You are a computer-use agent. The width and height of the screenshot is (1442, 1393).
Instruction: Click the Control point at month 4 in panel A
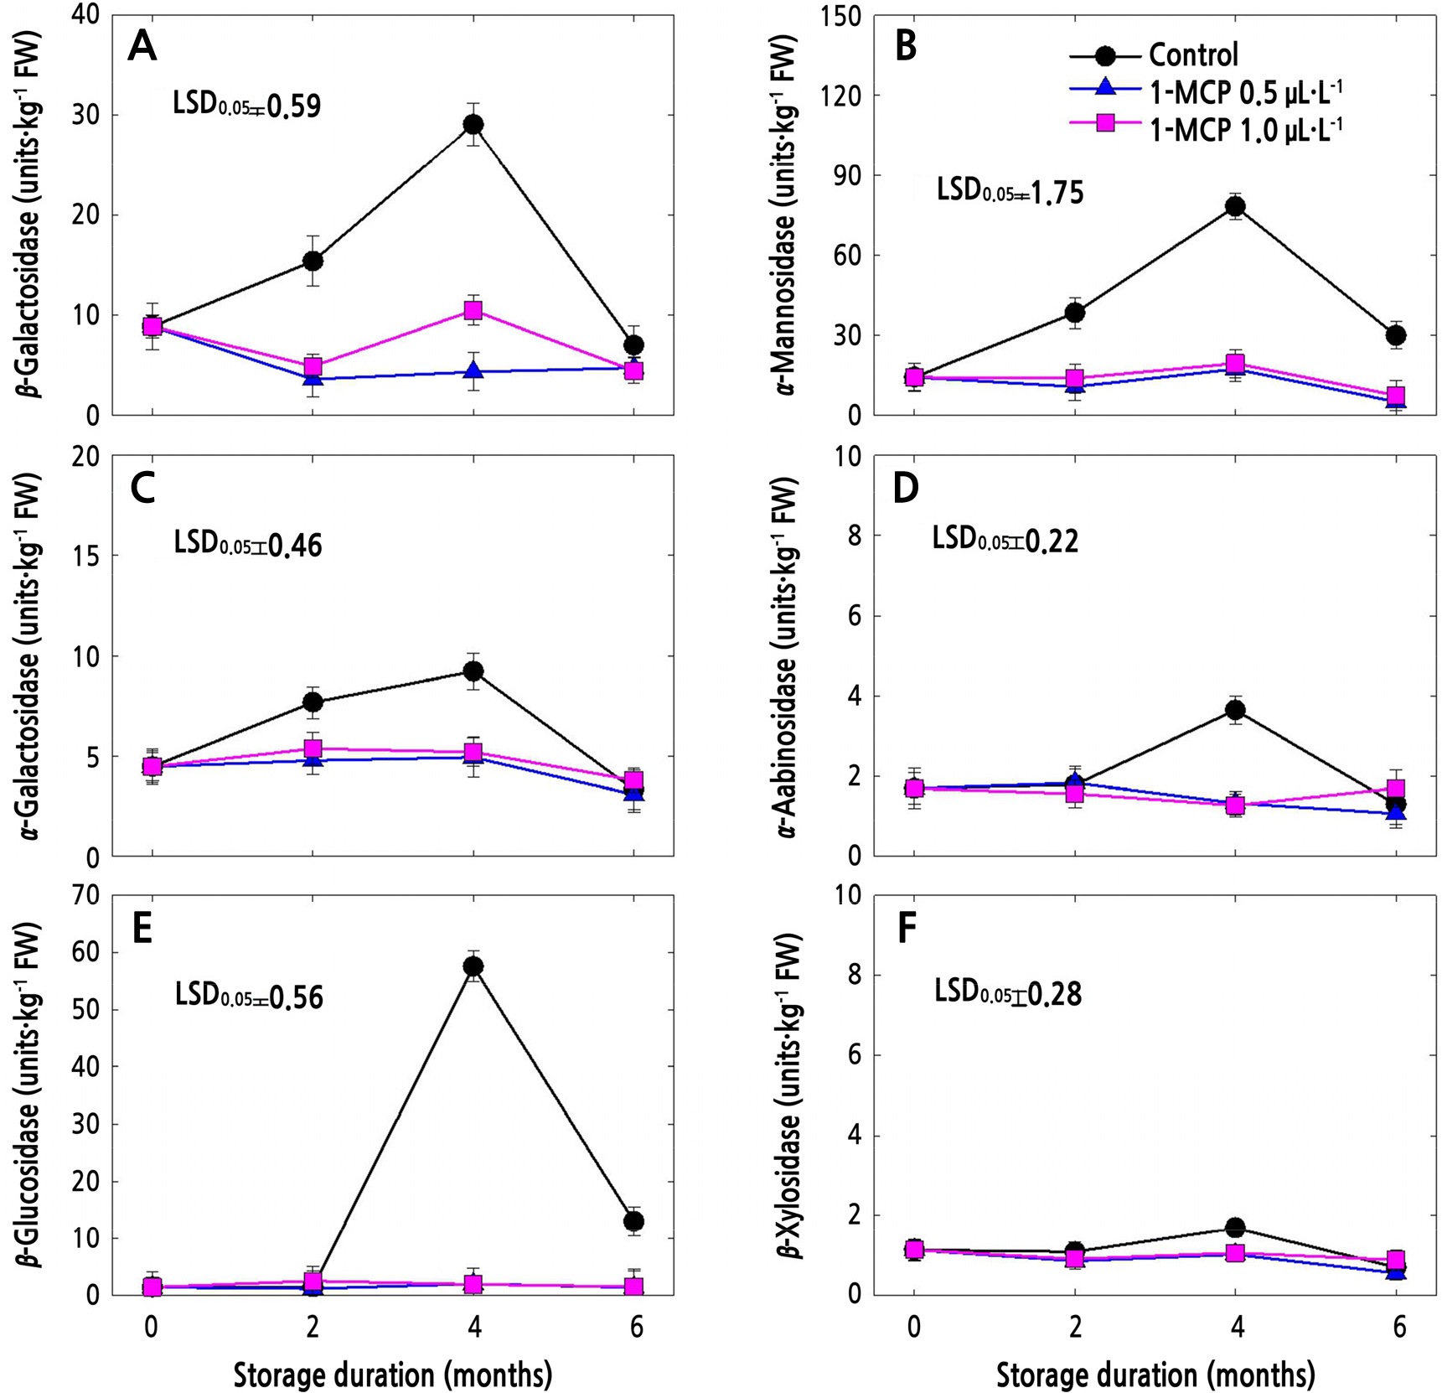point(473,125)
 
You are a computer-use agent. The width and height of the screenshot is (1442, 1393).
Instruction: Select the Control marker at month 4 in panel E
point(473,966)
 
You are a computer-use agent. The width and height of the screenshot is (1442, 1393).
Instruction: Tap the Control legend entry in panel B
point(1192,55)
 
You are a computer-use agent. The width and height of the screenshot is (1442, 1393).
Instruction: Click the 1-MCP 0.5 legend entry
point(1245,91)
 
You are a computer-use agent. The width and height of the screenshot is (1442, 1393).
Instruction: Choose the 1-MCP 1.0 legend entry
point(1245,127)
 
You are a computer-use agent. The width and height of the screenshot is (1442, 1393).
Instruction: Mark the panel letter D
point(906,489)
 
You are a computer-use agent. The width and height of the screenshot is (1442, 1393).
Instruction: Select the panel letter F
point(906,929)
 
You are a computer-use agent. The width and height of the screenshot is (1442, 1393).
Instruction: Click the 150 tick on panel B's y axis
point(843,16)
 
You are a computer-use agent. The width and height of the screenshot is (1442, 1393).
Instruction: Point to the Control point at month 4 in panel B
point(1235,207)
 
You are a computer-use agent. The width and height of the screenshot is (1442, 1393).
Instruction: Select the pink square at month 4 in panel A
point(473,311)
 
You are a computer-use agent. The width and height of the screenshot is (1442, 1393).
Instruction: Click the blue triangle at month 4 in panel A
point(473,370)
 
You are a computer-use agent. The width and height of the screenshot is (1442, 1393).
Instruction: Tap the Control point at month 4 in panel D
point(1235,710)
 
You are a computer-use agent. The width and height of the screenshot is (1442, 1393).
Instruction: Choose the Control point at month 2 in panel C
point(313,702)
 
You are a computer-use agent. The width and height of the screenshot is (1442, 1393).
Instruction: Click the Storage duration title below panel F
point(1155,1375)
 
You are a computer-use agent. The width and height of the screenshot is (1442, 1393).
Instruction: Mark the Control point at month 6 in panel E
point(634,1221)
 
